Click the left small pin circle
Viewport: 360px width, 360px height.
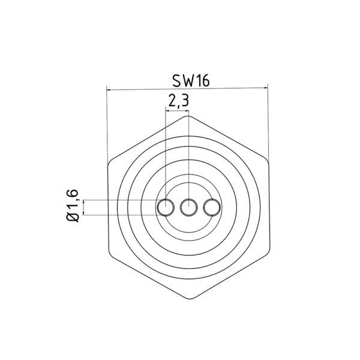166,208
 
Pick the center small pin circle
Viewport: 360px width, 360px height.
188,208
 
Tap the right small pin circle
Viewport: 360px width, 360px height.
211,208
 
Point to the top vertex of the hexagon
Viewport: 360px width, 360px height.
188,116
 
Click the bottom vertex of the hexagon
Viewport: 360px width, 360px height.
188,299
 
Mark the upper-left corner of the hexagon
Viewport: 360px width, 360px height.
109,162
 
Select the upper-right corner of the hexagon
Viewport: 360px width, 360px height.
268,162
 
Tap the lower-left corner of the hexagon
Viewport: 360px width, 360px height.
109,254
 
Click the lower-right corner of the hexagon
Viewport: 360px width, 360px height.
268,254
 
